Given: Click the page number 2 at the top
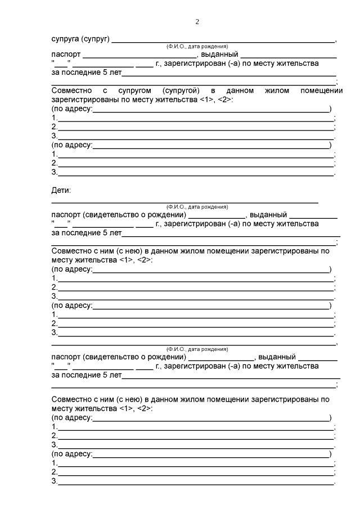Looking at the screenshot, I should click(x=197, y=22).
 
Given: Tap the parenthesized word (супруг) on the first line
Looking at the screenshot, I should click(x=95, y=39).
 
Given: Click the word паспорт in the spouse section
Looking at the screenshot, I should click(x=66, y=55).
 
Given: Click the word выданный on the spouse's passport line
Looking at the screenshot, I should click(x=219, y=55).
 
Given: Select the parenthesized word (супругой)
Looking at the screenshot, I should click(x=180, y=90).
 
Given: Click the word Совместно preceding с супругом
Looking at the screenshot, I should click(x=69, y=90).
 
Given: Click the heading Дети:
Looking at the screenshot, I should click(x=61, y=191).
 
